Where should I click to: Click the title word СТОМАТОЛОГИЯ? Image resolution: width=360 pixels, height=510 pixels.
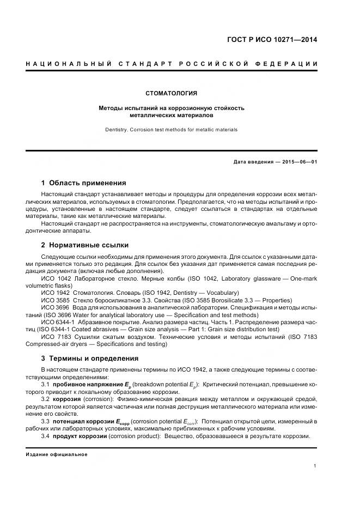tap(171, 93)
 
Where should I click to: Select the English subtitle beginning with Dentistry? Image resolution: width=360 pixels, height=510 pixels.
tap(171, 130)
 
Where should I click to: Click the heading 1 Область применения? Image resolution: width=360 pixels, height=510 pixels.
tap(83, 183)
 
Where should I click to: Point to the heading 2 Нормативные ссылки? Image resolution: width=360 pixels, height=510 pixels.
tap(85, 245)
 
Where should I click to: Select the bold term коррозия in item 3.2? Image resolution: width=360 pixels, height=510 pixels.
tap(67, 399)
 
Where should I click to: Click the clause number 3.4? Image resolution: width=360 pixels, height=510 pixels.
tap(46, 436)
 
